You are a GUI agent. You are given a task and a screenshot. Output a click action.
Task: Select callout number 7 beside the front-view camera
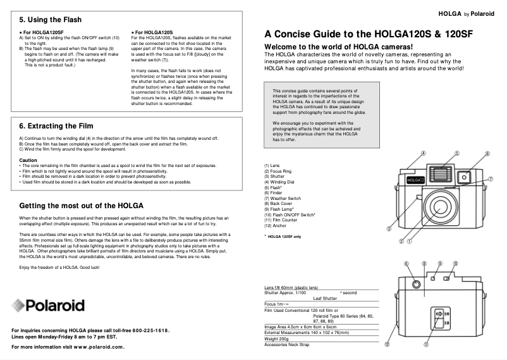(x=489, y=179)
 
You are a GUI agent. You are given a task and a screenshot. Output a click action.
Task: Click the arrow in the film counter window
(x=438, y=313)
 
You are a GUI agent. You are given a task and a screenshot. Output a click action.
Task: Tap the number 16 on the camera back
(x=447, y=313)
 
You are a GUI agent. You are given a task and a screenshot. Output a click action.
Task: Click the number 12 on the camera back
(x=447, y=322)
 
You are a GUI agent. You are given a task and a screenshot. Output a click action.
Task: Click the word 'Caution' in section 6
(x=28, y=160)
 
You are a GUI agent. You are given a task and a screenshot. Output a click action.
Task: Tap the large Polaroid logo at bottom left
(x=48, y=305)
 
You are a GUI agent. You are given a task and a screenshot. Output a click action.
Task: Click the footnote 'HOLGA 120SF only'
(x=284, y=237)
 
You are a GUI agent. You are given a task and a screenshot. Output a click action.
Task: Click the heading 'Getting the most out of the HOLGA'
(x=82, y=206)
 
